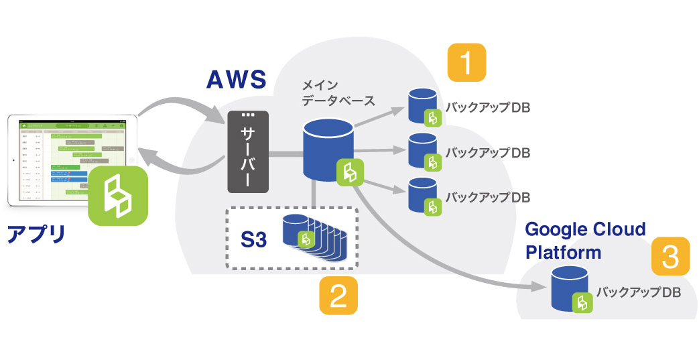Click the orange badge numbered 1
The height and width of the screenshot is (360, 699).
[x=466, y=63]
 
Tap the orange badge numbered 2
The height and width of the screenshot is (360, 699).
[x=338, y=295]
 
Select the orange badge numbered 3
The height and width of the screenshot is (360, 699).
[x=670, y=257]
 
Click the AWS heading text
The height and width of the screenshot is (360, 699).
[x=236, y=80]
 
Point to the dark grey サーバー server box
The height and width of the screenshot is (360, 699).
[x=249, y=152]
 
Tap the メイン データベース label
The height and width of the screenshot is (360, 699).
[x=333, y=93]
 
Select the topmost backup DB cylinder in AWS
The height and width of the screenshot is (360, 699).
[x=423, y=106]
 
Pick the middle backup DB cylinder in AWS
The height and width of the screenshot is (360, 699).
[x=423, y=151]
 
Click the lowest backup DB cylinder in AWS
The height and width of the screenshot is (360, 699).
[x=423, y=195]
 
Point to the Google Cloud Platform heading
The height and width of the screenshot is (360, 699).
[x=585, y=240]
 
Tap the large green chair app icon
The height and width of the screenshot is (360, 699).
[x=118, y=195]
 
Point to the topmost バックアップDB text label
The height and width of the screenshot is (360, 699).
[x=488, y=108]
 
